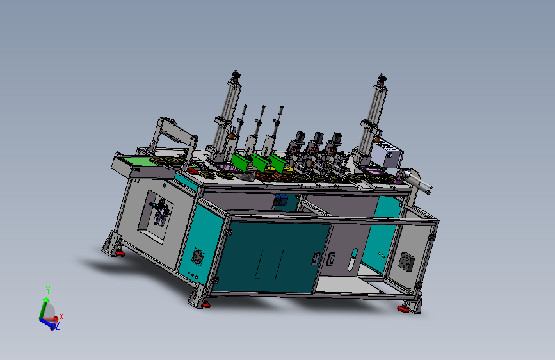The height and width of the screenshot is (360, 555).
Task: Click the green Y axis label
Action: point(48,290)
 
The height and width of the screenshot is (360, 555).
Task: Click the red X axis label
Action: point(61,316)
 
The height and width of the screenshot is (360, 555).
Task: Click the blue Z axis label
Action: point(58,326)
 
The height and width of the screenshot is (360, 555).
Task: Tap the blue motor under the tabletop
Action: point(281,199)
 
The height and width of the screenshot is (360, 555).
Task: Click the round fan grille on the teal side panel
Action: point(198,256)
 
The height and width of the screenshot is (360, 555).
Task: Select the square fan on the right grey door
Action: point(406,261)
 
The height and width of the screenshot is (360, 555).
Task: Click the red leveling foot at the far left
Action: point(120,253)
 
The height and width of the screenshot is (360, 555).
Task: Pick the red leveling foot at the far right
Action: point(403,309)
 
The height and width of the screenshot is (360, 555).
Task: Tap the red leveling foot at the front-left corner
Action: point(205,304)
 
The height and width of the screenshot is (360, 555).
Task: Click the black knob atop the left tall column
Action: point(236,74)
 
